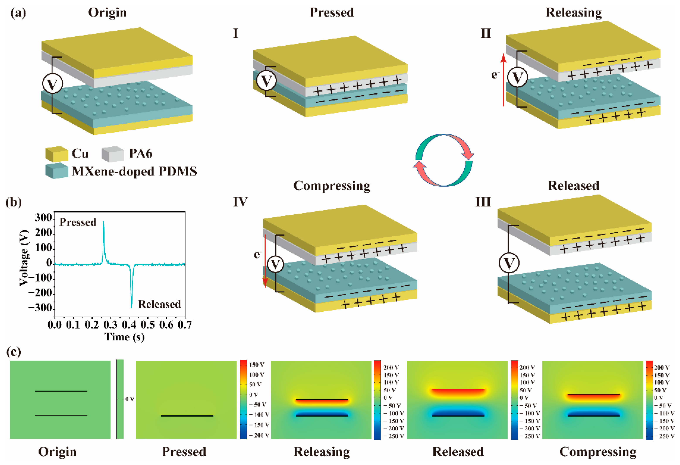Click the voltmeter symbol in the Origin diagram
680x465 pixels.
point(52,84)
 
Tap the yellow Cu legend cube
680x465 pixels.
point(56,154)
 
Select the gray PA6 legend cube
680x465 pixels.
point(113,154)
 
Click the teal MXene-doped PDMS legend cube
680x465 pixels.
point(56,171)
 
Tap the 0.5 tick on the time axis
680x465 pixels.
point(148,324)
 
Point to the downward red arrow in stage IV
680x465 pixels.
point(265,261)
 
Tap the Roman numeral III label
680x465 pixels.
point(483,202)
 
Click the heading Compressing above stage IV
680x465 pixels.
point(332,186)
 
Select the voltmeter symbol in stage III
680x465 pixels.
point(509,263)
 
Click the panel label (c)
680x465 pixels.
point(14,352)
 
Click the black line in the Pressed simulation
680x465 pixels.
point(187,415)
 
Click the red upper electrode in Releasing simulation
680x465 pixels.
point(322,400)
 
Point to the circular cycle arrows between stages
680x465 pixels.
point(444,160)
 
